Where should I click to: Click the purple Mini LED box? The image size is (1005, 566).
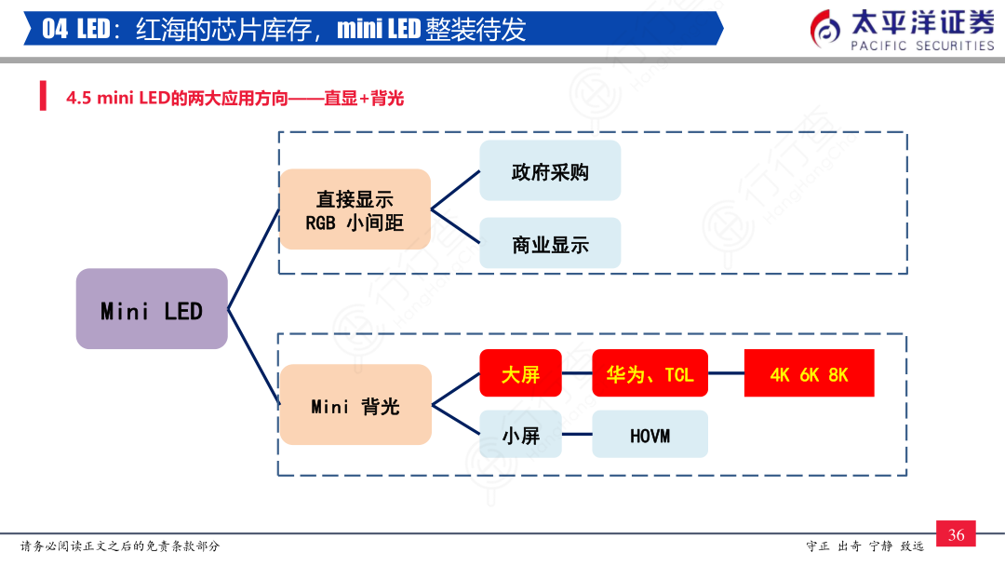point(152,308)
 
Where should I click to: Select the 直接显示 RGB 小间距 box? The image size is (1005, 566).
point(355,209)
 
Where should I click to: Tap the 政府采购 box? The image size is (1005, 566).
point(550,170)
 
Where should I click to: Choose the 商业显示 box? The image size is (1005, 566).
point(550,243)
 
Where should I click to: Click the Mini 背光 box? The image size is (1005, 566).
point(355,404)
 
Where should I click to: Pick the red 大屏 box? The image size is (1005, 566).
point(520,373)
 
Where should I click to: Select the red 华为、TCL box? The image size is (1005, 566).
point(650,373)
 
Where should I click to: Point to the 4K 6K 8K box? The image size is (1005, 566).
point(809,373)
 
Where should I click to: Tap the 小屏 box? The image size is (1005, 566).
point(520,434)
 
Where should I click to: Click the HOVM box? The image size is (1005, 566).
point(650,434)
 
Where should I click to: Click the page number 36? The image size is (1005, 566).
point(957,534)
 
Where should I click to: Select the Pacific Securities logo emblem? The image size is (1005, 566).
point(824,30)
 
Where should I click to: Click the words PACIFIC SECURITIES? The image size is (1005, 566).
point(922,46)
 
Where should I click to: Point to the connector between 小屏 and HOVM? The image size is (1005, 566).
point(577,434)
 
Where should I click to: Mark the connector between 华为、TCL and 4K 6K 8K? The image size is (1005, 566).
point(726,373)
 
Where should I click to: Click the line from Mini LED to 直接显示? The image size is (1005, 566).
point(254,259)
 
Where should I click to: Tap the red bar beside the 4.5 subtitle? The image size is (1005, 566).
point(43,96)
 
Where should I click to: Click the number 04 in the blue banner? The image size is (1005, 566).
point(55,29)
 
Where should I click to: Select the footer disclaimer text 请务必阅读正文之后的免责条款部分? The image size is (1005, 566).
point(120,546)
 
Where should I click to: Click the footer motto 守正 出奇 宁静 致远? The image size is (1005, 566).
point(864,546)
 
